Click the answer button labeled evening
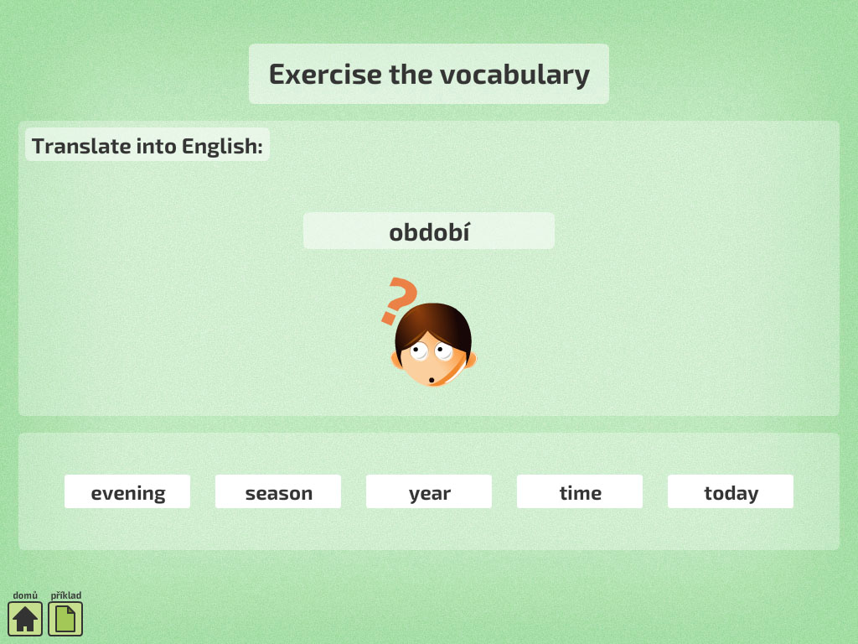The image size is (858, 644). [127, 491]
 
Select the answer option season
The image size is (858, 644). [278, 491]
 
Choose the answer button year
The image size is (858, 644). [429, 491]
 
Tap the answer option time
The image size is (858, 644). [580, 491]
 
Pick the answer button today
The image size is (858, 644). [731, 491]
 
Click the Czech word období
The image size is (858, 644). [429, 231]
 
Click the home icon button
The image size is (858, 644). [25, 619]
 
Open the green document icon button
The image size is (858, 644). [65, 619]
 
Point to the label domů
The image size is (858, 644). [25, 595]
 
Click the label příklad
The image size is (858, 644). [65, 595]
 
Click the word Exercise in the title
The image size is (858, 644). [325, 74]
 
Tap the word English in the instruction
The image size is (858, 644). [222, 146]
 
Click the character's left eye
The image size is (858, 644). [419, 351]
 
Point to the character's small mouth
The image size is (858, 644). [432, 380]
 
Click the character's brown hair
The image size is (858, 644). [433, 323]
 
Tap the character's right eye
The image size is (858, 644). [443, 351]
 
